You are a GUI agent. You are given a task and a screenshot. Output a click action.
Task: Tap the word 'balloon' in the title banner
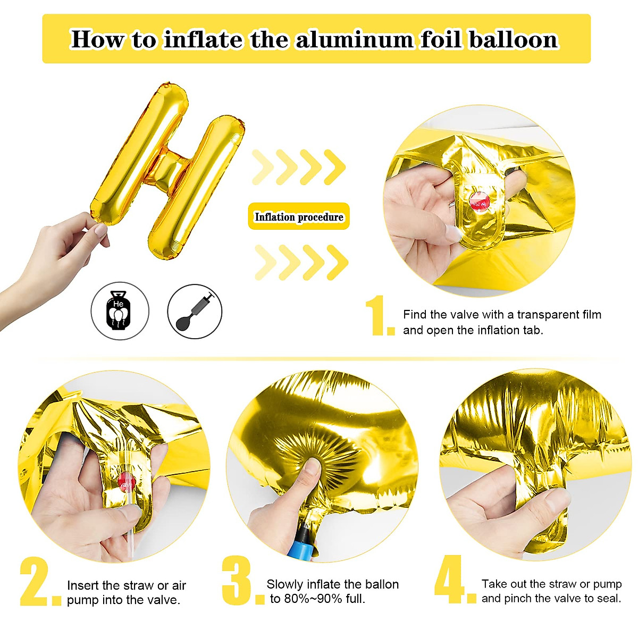pos(513,40)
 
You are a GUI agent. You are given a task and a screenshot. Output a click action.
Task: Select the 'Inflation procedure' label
pos(299,217)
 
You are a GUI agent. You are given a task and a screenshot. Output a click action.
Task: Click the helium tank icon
pos(120,311)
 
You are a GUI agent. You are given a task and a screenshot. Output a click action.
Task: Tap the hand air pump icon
pos(195,311)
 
